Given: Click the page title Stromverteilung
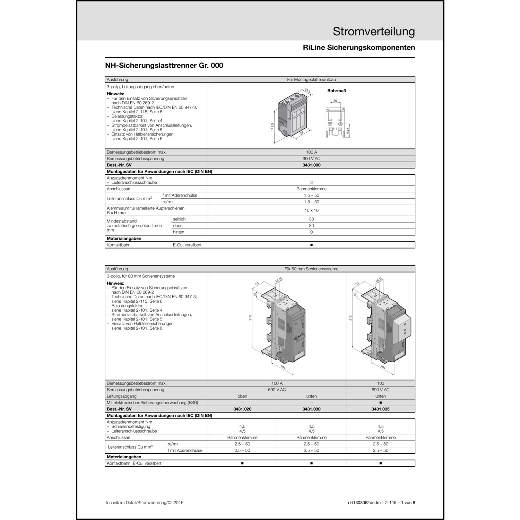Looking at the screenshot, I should click(374, 32).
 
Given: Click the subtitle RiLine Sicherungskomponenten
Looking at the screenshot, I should click(359, 48).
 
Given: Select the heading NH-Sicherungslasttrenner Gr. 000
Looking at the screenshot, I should click(164, 66).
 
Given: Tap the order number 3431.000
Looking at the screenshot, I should click(311, 165).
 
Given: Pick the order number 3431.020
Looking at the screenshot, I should click(242, 409).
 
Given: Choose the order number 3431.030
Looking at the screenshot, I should click(311, 409).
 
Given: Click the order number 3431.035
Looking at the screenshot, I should click(380, 409).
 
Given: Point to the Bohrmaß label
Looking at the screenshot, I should click(337, 91).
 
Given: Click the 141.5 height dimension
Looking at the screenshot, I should click(272, 127).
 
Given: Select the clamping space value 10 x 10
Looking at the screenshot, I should click(311, 210).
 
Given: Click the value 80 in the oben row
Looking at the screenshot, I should click(311, 226).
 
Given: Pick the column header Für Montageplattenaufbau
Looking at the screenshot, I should click(311, 80).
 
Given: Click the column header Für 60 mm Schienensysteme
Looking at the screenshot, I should click(311, 269).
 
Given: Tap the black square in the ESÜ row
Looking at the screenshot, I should click(380, 403).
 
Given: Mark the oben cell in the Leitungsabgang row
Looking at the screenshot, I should click(242, 396).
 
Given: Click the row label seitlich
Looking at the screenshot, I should click(179, 219).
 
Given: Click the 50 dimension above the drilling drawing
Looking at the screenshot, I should click(335, 101).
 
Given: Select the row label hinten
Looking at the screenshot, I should click(179, 232).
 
